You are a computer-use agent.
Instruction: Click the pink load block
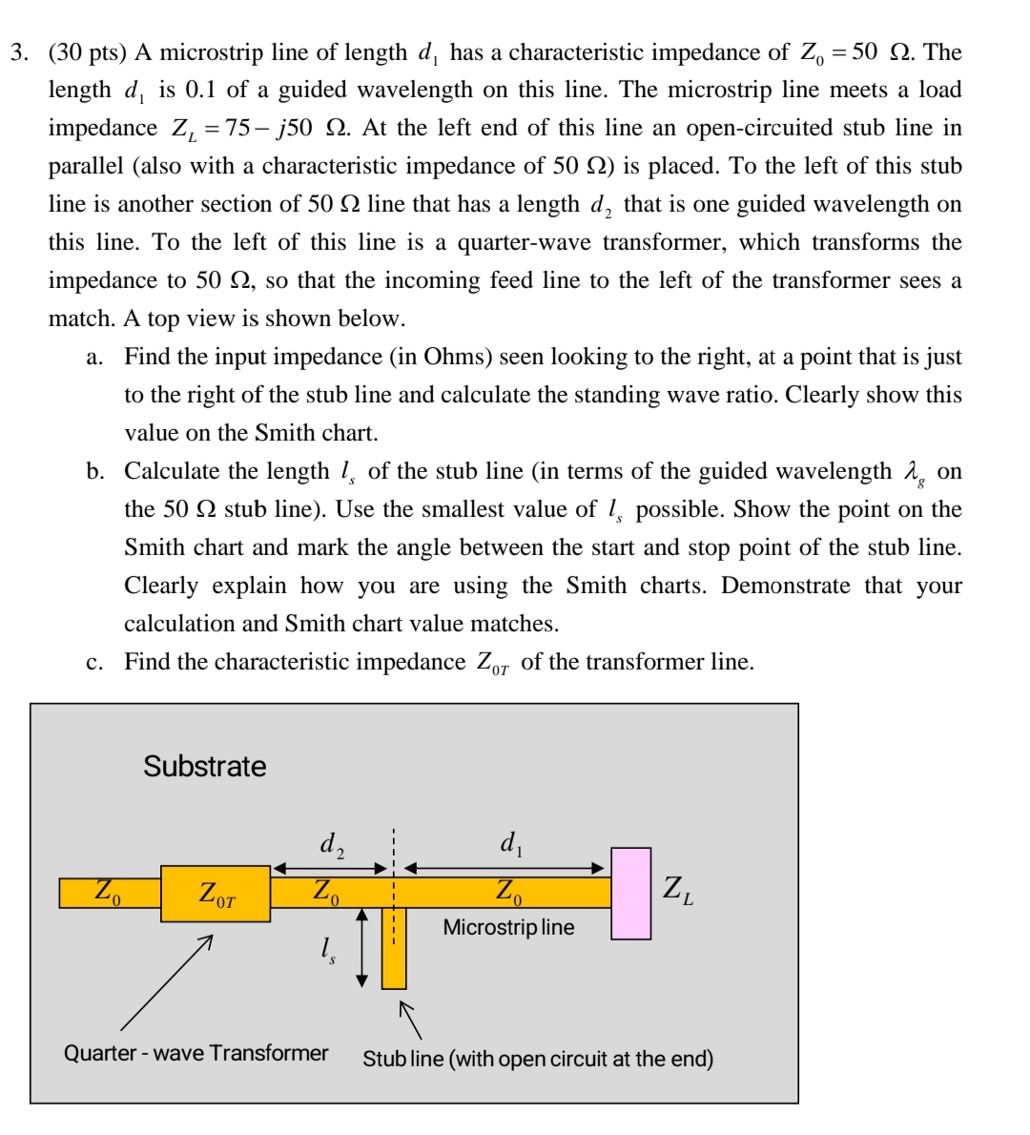pos(630,894)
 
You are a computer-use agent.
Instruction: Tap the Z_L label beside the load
pos(678,891)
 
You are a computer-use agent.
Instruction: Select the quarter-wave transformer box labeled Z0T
pos(216,894)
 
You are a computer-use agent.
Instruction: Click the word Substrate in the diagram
pos(205,766)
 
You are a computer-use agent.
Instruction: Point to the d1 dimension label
pos(510,843)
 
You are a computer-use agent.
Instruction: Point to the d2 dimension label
pos(331,844)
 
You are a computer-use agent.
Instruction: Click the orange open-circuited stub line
pos(394,949)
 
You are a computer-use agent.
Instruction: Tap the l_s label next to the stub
pos(327,949)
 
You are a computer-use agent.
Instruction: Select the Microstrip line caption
pos(508,927)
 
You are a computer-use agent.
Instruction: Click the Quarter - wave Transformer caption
pos(196,1053)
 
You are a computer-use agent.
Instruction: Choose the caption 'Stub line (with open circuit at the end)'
pos(538,1059)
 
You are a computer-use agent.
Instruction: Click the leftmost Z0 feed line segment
pos(109,893)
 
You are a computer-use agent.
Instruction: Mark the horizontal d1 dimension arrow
pos(505,869)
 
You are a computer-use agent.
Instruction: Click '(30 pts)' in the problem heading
pos(93,52)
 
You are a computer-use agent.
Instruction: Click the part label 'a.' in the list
pos(94,358)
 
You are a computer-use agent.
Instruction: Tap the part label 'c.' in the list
pos(94,663)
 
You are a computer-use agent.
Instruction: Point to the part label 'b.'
pos(94,472)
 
